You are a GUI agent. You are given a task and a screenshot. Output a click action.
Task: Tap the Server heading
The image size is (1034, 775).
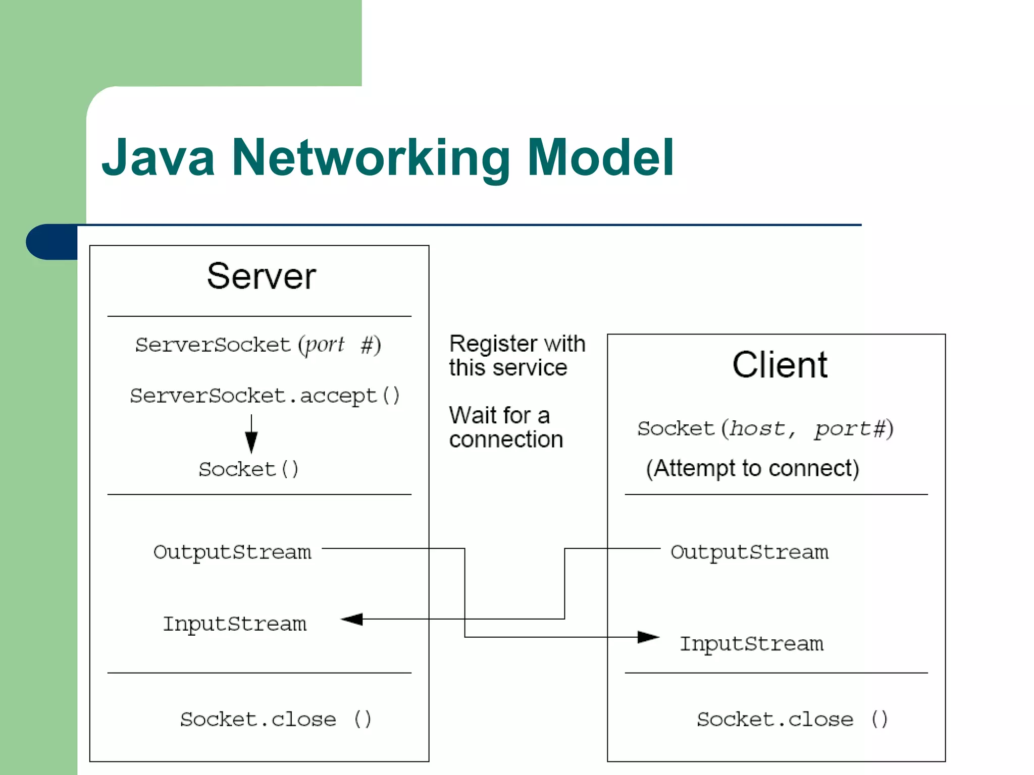pos(261,276)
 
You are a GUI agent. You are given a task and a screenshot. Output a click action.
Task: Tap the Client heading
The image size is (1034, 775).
pos(780,365)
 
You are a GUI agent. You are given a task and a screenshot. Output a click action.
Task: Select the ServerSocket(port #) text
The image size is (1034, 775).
pos(258,345)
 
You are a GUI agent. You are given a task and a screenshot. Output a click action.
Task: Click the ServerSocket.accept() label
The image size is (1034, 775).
pos(265,396)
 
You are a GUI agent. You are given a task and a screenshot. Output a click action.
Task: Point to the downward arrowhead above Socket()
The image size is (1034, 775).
pos(251,442)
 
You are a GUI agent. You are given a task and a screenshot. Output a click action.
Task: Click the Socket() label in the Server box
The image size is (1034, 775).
pos(248,469)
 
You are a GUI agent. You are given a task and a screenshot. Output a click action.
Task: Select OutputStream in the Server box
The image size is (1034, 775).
pos(232,552)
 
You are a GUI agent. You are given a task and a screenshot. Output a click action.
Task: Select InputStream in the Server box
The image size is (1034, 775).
pos(235,624)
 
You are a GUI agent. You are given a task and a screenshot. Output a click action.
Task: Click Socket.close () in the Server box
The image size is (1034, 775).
pos(276,719)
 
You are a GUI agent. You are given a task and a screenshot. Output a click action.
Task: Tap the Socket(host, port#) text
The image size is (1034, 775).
pos(765,429)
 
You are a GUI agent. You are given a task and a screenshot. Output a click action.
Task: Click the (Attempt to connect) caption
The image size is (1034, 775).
pos(752,468)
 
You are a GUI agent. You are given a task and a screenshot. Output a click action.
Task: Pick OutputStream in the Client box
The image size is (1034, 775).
pos(749,552)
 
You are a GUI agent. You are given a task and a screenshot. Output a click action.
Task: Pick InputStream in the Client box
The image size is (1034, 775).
pos(751,644)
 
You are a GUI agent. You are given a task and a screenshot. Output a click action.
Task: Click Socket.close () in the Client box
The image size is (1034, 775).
pos(792,719)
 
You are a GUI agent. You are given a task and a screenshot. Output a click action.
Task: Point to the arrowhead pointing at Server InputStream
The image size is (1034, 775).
pos(352,619)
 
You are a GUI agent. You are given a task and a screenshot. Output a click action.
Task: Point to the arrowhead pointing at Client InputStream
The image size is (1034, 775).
pos(648,637)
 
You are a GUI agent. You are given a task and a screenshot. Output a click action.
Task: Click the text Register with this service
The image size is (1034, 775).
pos(516,356)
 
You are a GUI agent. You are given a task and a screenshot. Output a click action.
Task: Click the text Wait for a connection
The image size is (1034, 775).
pos(506,427)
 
